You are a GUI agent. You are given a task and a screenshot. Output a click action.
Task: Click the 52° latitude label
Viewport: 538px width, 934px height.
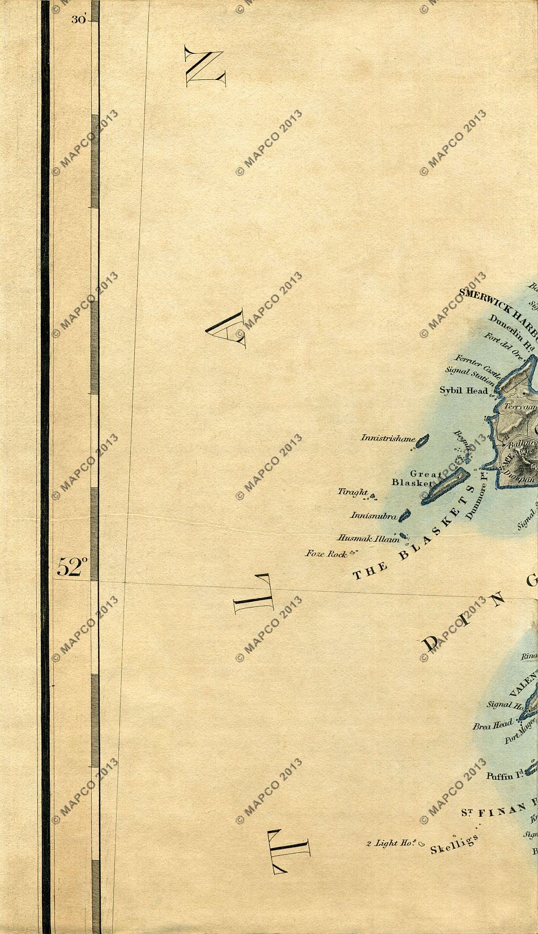72,567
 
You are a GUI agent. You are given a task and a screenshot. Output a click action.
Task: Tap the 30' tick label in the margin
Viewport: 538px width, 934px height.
78,20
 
